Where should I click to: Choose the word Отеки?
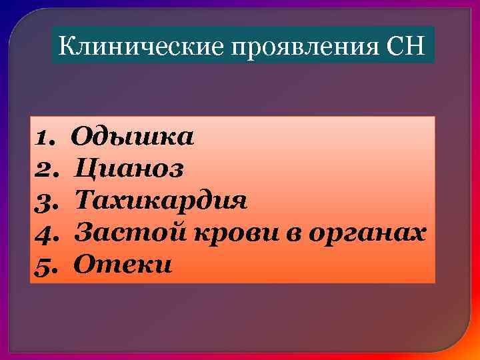pyautogui.click(x=123, y=265)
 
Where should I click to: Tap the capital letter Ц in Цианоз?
pyautogui.click(x=84, y=169)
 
